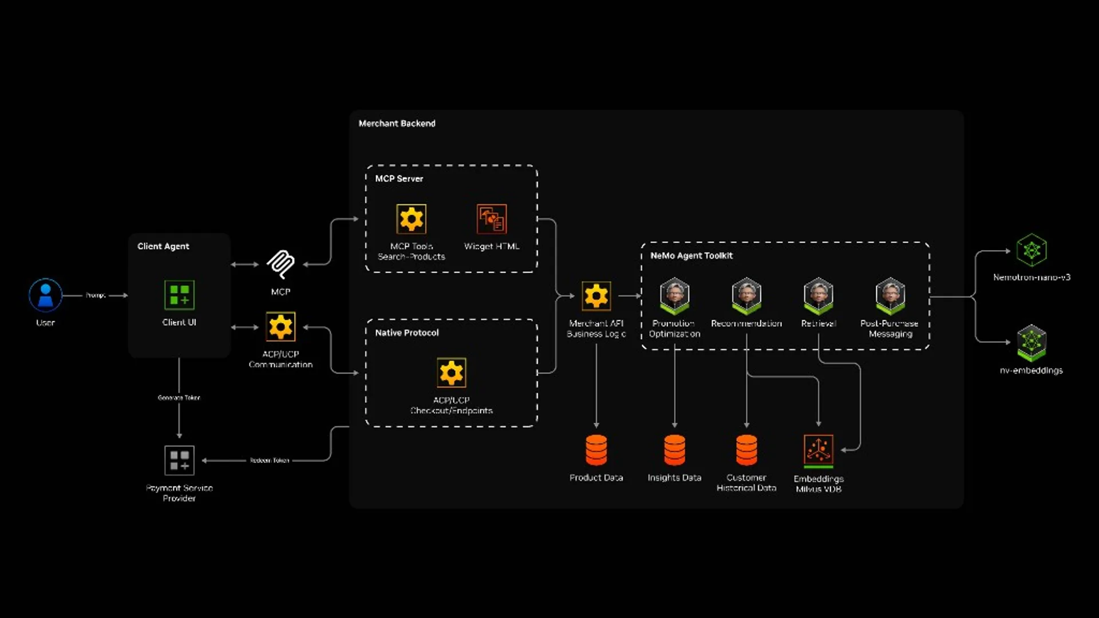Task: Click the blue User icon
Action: click(x=45, y=295)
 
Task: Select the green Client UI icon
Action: click(x=179, y=295)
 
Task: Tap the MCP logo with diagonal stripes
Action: click(x=280, y=264)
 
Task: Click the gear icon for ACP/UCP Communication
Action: click(x=280, y=327)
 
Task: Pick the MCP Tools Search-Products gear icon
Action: click(x=411, y=219)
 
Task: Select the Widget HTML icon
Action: click(x=492, y=219)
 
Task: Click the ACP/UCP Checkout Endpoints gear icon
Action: click(x=451, y=373)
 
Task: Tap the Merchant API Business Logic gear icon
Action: click(x=596, y=296)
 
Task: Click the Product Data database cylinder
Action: click(x=596, y=450)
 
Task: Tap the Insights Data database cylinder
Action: click(x=674, y=450)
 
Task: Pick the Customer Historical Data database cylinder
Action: click(x=746, y=450)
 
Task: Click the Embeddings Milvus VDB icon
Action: click(x=819, y=450)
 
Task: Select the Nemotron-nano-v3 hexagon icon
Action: click(x=1031, y=250)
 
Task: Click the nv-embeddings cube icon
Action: click(x=1031, y=343)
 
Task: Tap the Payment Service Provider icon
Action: click(x=179, y=460)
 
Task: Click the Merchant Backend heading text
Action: click(x=397, y=124)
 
